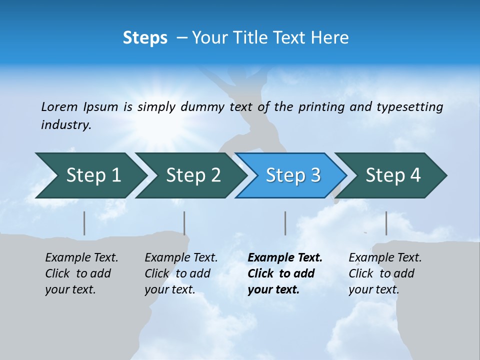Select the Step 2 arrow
pos(190,175)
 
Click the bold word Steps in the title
pos(145,38)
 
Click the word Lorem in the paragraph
pos(59,106)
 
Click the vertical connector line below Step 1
pos(84,223)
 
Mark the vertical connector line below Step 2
pos(184,223)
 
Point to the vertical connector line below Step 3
pos(285,223)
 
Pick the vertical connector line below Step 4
pos(386,223)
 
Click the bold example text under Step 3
pos(284,273)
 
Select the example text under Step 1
pos(81,273)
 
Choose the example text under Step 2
pos(180,273)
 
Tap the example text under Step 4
pos(384,273)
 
